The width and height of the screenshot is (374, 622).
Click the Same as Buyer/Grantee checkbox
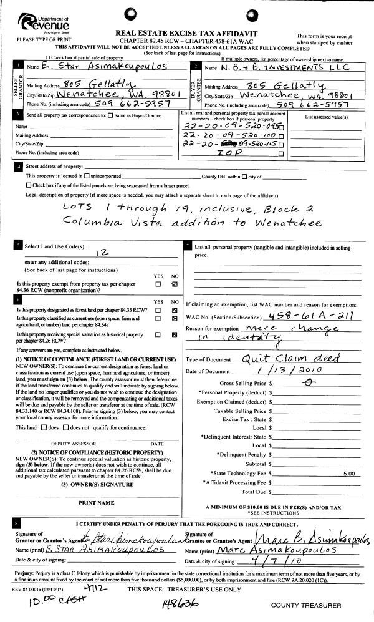(x=110, y=115)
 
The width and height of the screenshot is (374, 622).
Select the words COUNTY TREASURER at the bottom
(x=306, y=605)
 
